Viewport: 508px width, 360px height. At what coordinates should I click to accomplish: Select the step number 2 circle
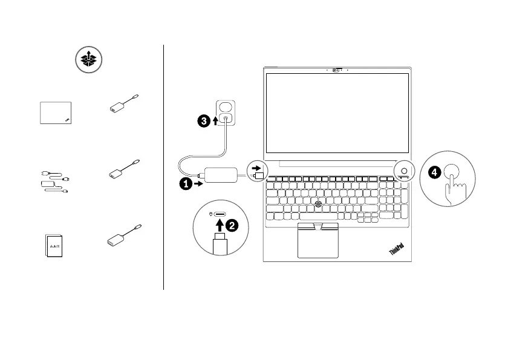coord(232,223)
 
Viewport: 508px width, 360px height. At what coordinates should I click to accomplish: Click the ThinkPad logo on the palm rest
coord(396,249)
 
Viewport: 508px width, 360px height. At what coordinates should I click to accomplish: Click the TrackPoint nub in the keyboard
coord(318,204)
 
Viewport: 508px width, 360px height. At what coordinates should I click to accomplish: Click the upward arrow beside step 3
coord(215,121)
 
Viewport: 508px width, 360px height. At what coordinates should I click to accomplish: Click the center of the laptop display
coord(337,114)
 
